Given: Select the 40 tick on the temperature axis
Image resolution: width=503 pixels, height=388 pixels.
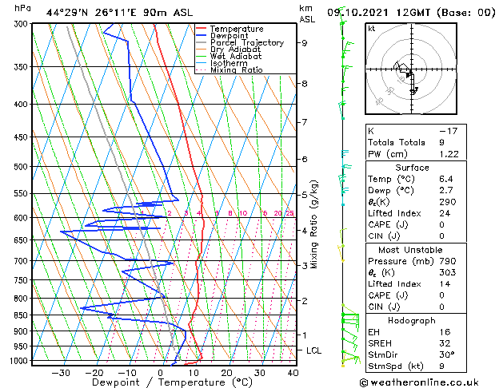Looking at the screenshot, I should pos(293,372).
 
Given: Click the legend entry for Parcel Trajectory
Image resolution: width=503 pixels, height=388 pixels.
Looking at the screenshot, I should pos(246,43).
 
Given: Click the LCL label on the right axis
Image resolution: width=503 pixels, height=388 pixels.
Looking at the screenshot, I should pos(313,350).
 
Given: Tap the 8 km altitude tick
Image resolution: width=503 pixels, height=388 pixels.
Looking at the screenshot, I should pos(305,83).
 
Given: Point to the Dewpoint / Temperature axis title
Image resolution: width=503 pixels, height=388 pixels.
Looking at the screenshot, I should pos(161,382).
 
